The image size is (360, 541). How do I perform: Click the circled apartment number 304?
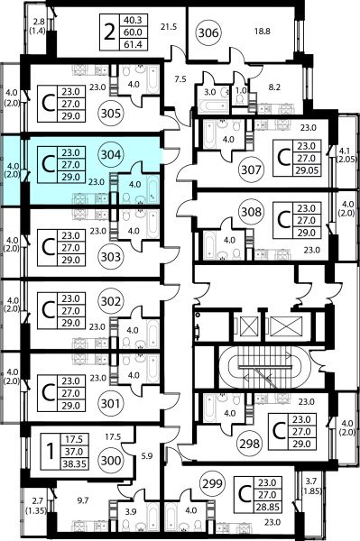pos(110,154)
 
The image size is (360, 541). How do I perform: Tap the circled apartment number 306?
pos(208,32)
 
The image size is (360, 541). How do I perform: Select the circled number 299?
pos(212,483)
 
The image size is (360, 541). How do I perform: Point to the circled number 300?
pos(111,460)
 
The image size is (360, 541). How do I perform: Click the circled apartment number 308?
pos(251,212)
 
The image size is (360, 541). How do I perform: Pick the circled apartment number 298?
pos(250,444)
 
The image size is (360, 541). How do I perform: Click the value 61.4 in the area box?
pos(133,44)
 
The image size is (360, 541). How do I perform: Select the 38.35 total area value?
pos(74,463)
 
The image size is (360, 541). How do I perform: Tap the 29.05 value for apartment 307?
pos(307,170)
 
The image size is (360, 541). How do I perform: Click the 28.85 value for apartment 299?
pos(267,507)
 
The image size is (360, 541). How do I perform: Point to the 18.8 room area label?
pos(263,32)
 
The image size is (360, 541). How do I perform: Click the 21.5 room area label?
pos(169,26)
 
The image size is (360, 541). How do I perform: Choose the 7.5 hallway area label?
pos(180,79)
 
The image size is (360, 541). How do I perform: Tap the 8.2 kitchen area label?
pos(274,87)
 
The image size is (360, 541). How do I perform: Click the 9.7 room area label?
pos(83,500)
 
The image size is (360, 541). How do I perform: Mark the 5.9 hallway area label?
pos(147,456)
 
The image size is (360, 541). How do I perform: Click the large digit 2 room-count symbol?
pos(109,33)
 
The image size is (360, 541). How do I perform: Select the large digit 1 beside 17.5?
pos(51,452)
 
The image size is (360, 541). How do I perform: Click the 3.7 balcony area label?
pos(311,481)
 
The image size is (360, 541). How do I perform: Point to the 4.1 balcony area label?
pos(345,151)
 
